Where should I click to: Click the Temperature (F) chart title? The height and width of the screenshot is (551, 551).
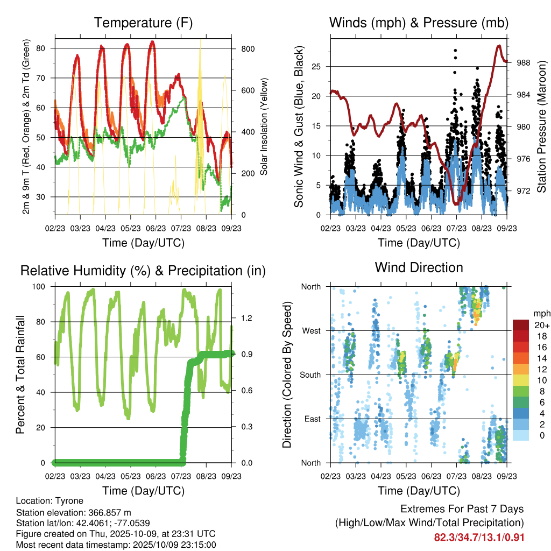pyautogui.click(x=143, y=23)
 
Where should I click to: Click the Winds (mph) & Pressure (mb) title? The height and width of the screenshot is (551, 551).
pyautogui.click(x=419, y=23)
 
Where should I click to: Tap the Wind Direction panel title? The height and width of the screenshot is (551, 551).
pyautogui.click(x=419, y=267)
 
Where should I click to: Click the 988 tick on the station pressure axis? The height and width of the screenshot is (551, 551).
pyautogui.click(x=523, y=63)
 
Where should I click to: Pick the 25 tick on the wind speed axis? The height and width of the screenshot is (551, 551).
pyautogui.click(x=321, y=67)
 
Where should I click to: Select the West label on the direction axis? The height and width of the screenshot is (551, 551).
pyautogui.click(x=311, y=330)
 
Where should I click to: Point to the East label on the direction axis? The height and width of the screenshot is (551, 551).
pyautogui.click(x=312, y=419)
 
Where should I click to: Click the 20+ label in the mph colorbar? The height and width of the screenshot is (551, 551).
pyautogui.click(x=541, y=325)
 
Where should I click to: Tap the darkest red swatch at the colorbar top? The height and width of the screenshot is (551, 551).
pyautogui.click(x=521, y=325)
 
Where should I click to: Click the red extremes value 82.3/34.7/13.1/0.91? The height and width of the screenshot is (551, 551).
pyautogui.click(x=479, y=538)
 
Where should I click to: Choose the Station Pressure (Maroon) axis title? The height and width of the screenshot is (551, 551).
pyautogui.click(x=541, y=127)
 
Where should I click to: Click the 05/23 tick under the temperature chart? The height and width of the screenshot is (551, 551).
pyautogui.click(x=130, y=228)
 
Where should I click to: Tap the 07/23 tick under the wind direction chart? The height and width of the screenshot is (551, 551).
pyautogui.click(x=456, y=476)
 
